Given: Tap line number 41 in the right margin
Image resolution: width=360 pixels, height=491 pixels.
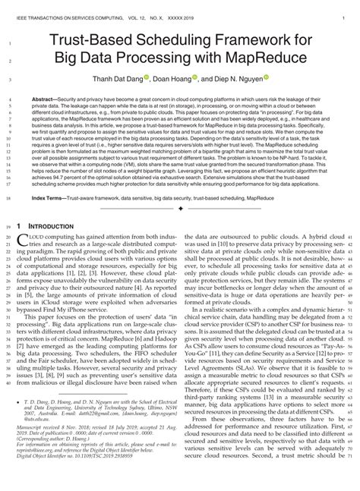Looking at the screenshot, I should [x=352, y=237].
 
